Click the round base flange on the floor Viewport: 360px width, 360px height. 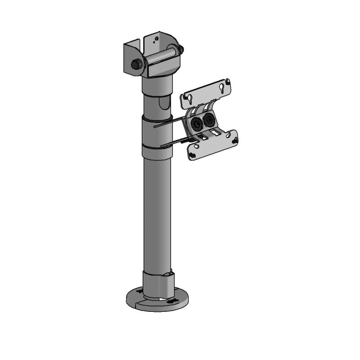click(x=135, y=302)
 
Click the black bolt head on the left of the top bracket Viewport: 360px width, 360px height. click(x=135, y=64)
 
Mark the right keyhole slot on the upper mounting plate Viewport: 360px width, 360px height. click(x=221, y=89)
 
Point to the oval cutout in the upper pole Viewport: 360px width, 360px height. click(x=164, y=106)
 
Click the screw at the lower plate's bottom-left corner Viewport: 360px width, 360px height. click(x=193, y=156)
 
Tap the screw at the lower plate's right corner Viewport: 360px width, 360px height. click(x=235, y=141)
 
